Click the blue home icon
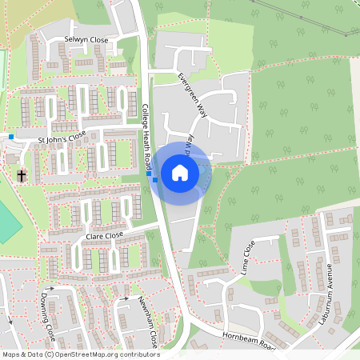coord(179,172)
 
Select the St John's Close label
coord(62,138)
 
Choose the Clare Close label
coord(104,236)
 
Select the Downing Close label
coord(47,316)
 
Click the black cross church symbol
coord(22,174)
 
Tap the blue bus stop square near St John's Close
coord(11,137)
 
